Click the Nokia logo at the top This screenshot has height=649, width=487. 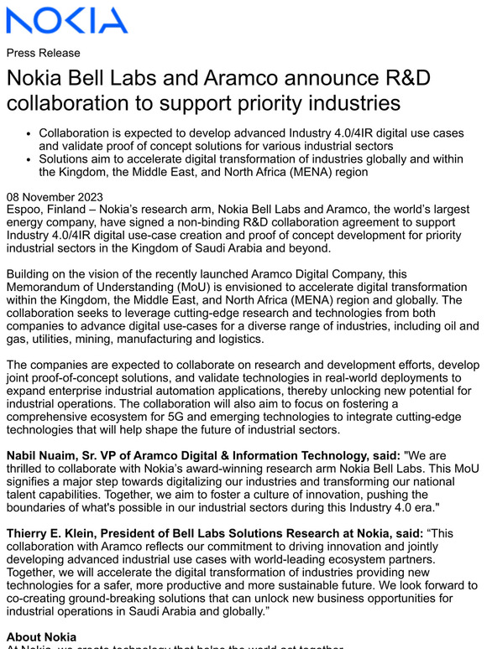click(x=67, y=20)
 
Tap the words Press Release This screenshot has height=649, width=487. click(x=43, y=53)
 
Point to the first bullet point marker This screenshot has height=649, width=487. click(x=29, y=134)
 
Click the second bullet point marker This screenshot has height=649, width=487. click(x=29, y=159)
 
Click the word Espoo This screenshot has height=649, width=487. click(x=26, y=210)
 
